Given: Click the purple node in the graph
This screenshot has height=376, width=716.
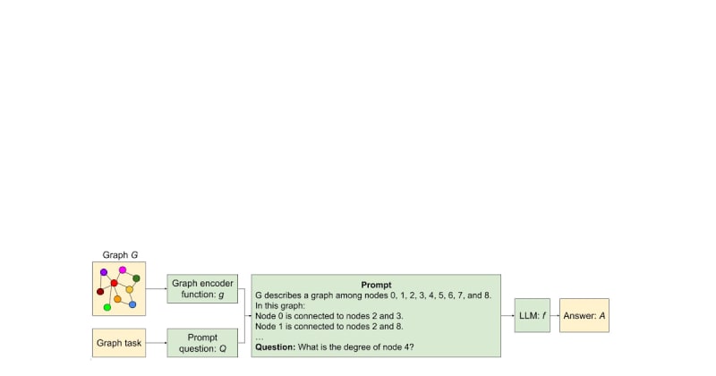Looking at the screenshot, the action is click(x=104, y=272).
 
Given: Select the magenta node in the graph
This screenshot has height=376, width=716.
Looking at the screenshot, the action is click(x=123, y=270).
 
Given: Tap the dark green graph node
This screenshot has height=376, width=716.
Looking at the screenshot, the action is click(x=136, y=278).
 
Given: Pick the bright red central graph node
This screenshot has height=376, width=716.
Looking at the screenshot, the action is click(x=115, y=283).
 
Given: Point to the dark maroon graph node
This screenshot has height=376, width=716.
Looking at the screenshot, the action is click(x=100, y=292).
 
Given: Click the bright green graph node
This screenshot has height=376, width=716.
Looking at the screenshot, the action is click(x=107, y=307).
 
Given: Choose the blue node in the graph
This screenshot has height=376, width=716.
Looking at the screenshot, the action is click(x=132, y=304).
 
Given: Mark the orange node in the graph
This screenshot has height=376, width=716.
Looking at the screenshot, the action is click(x=117, y=299).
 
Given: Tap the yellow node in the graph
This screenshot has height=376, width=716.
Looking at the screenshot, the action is click(x=129, y=290).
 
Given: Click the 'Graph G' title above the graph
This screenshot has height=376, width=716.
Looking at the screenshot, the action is click(x=120, y=255).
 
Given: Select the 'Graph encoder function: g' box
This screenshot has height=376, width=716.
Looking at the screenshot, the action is click(x=202, y=289).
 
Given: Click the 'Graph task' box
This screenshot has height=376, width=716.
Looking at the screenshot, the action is click(x=119, y=343).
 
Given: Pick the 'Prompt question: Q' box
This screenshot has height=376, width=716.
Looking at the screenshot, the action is click(x=202, y=343).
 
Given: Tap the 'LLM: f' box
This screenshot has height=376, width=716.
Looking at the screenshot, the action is click(x=533, y=316).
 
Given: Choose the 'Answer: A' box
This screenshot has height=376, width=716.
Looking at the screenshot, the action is click(x=584, y=316).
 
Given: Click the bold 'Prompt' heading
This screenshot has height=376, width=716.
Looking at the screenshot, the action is click(x=376, y=285).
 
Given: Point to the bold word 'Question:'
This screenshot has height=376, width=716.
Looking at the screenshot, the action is click(x=276, y=347).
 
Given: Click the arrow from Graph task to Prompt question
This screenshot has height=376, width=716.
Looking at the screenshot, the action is click(x=156, y=343).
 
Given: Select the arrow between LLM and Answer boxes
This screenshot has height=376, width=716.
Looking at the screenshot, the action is click(x=555, y=316).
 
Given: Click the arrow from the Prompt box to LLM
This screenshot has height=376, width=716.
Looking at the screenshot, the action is click(x=507, y=316).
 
